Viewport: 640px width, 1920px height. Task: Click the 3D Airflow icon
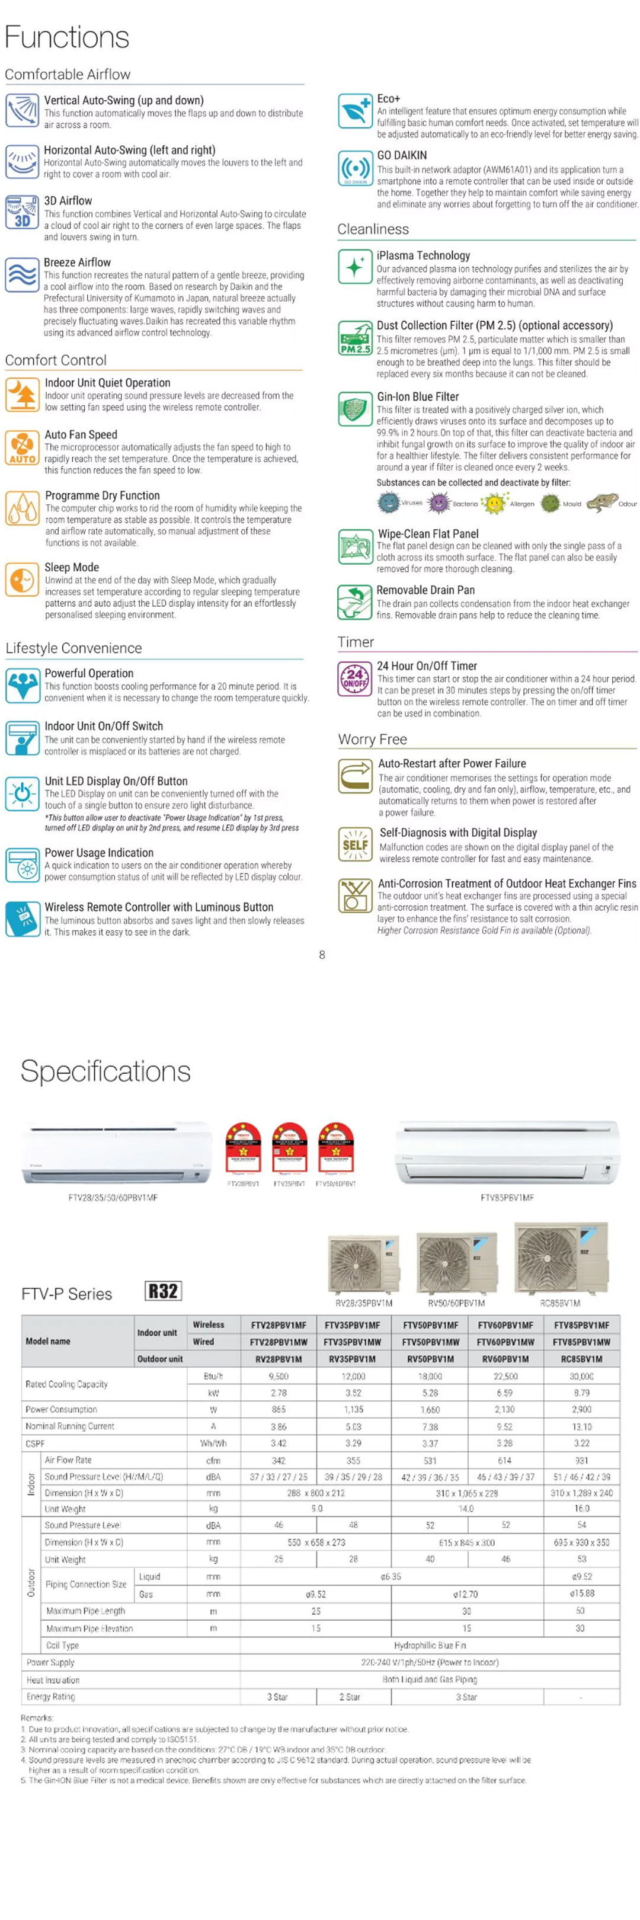click(21, 212)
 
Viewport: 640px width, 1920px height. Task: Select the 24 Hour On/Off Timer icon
click(354, 679)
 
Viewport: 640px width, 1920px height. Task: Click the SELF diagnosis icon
click(354, 844)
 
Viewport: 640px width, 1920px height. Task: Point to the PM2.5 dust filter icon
click(354, 339)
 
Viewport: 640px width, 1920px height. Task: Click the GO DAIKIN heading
click(402, 155)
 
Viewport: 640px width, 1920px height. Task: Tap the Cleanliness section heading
click(373, 229)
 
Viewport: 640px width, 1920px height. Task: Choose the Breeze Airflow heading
click(78, 263)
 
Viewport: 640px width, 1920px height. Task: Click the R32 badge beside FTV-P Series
click(163, 1291)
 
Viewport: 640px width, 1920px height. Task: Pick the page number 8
click(322, 955)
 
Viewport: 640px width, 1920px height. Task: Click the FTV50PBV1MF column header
click(430, 1325)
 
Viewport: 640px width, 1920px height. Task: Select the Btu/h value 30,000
click(581, 1376)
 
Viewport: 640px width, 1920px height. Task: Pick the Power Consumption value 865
click(279, 1409)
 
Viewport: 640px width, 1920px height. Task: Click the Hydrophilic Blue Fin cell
click(430, 1645)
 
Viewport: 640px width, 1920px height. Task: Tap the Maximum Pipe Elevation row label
click(89, 1628)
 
